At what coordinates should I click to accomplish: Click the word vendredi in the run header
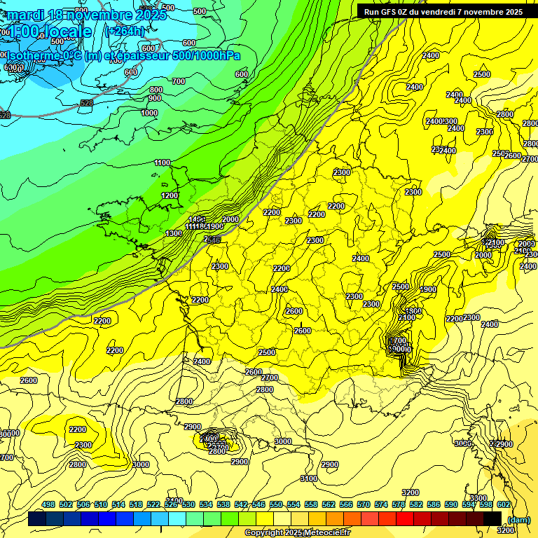(434, 11)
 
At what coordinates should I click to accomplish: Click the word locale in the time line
(67, 32)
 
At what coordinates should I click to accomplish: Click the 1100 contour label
(162, 163)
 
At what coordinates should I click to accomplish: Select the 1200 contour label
(170, 195)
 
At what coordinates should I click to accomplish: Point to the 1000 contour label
(149, 113)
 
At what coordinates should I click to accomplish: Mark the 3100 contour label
(308, 478)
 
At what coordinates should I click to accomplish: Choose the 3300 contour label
(478, 498)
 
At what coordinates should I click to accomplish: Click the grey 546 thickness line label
(213, 240)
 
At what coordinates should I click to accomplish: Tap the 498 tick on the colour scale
(48, 504)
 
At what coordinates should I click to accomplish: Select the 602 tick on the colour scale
(503, 504)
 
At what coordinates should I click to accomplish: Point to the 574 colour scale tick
(381, 504)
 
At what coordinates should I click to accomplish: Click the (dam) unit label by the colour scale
(518, 519)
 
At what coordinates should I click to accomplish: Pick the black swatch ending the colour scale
(492, 518)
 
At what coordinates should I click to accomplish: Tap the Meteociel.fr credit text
(324, 533)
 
